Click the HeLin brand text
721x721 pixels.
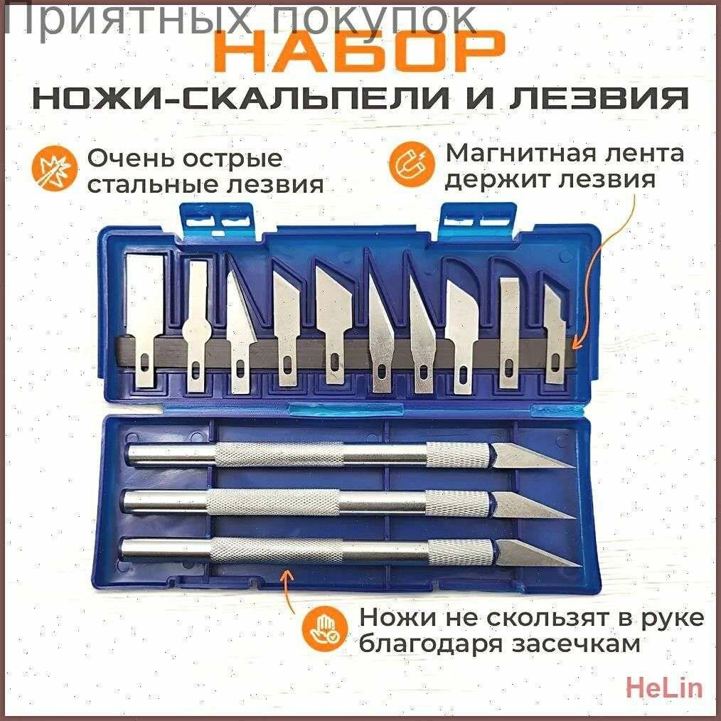tap(664, 688)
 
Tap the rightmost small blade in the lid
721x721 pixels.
tap(555, 334)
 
